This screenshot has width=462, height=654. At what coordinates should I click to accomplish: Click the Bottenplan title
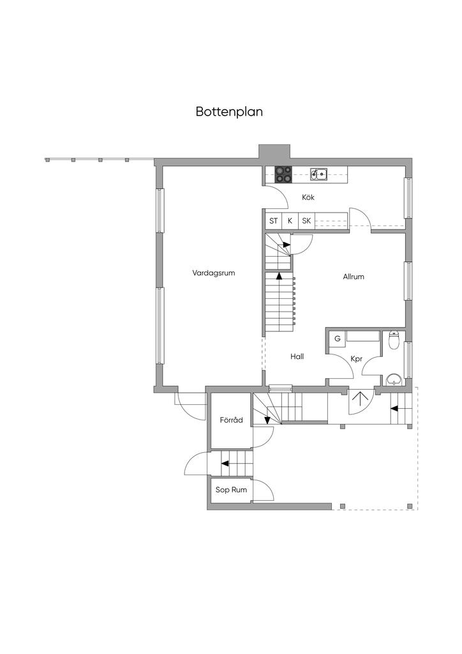pos(229,112)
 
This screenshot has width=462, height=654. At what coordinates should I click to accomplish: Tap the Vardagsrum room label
pos(214,273)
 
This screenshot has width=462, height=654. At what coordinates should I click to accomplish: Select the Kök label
pos(308,197)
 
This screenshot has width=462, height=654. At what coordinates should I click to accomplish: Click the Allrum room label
pos(354,277)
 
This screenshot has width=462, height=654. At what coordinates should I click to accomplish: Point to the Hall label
pos(297,356)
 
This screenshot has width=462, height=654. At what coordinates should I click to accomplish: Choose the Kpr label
pos(357,359)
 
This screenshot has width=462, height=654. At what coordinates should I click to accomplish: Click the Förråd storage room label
pos(231,420)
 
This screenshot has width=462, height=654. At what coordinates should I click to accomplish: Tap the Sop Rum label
pos(231,490)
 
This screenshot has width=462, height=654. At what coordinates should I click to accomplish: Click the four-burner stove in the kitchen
pos(283,174)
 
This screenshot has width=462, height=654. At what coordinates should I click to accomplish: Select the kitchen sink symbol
pos(318,174)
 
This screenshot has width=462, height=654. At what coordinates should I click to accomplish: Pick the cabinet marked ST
pos(273,221)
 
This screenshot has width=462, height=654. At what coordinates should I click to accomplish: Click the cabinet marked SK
pos(306,221)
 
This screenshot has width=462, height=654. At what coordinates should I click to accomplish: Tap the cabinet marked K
pos(290,221)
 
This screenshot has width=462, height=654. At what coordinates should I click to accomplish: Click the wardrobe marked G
pos(338,339)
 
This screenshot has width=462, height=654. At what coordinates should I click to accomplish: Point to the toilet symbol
pos(394,340)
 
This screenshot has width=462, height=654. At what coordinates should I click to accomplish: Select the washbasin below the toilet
pos(394,379)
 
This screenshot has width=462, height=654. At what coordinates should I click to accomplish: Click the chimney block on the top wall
pos(274,151)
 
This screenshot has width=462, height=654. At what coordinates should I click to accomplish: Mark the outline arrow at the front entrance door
pos(357,399)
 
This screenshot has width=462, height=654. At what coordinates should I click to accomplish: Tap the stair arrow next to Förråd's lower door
pos(225,464)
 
